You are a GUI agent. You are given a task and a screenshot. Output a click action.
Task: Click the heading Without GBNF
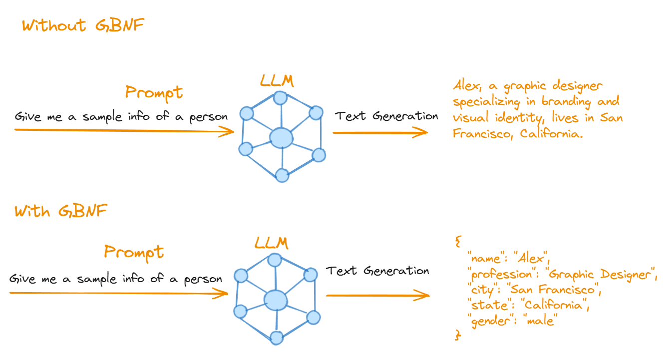[83, 25]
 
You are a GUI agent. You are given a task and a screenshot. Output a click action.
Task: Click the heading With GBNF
[60, 211]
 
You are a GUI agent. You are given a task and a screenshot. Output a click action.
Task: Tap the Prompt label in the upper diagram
[154, 93]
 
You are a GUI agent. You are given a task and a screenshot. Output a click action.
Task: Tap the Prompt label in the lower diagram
[133, 252]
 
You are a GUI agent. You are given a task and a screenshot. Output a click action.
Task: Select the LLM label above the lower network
[271, 243]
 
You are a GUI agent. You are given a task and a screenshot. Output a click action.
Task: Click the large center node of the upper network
[281, 137]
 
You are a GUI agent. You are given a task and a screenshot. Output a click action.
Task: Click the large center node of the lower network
[276, 300]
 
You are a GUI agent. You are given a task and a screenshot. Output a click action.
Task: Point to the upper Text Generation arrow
[380, 133]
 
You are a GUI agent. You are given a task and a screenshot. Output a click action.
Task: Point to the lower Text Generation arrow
[377, 296]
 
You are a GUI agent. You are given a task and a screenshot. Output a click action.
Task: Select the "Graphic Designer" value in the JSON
[599, 274]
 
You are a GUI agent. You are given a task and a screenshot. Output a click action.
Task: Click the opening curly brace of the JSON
[458, 242]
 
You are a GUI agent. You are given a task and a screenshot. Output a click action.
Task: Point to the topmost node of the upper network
[281, 97]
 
